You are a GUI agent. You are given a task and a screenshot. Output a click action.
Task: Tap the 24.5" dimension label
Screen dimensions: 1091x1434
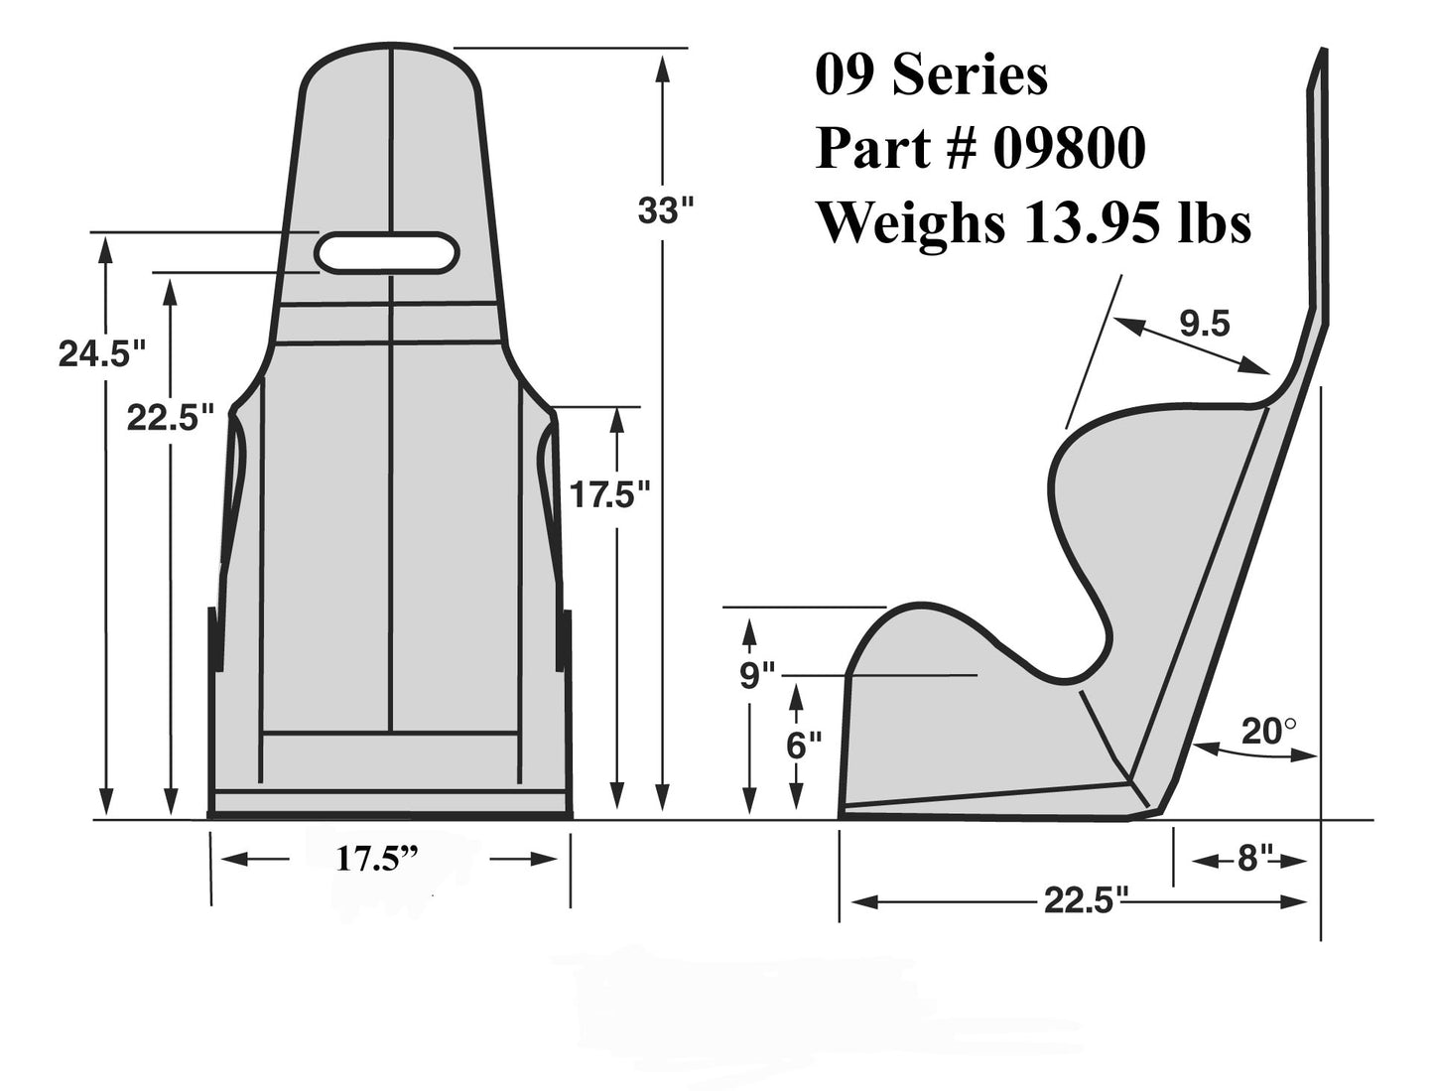click(x=101, y=353)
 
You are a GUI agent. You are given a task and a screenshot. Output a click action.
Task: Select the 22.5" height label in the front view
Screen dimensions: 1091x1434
click(x=170, y=418)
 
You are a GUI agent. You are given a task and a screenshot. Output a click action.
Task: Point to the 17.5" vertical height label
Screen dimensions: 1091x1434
click(x=608, y=493)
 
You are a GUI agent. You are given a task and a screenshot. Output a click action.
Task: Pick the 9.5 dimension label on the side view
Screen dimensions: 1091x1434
click(x=1204, y=324)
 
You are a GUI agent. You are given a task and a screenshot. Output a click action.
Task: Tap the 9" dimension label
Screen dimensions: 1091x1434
click(x=756, y=676)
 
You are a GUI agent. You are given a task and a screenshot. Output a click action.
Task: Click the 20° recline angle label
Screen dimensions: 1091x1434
click(x=1268, y=732)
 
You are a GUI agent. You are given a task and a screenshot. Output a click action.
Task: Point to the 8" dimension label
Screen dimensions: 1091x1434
click(x=1254, y=859)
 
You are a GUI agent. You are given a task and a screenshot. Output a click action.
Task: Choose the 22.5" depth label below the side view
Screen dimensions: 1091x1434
click(x=1086, y=901)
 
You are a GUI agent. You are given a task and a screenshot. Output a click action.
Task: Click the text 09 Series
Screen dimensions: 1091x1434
click(x=930, y=75)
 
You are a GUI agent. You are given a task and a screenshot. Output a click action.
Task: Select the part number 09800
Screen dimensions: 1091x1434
click(x=1069, y=149)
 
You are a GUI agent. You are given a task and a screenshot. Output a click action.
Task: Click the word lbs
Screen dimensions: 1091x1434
click(x=1213, y=223)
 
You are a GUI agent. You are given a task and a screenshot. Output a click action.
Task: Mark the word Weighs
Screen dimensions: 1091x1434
click(x=909, y=223)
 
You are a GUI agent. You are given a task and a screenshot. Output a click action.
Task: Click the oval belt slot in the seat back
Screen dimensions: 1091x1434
click(x=387, y=252)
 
